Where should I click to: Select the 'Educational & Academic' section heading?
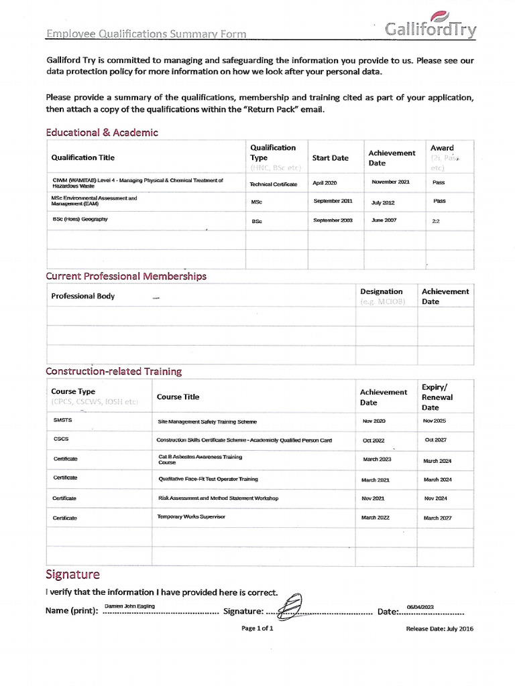[x=102, y=133]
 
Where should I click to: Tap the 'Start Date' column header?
[x=331, y=158]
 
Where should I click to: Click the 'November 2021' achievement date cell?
[x=390, y=182]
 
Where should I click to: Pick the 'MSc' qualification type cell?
[x=257, y=202]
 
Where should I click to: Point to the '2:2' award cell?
[x=436, y=220]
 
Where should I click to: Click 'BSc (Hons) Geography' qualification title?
[x=80, y=220]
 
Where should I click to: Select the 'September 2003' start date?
[x=333, y=220]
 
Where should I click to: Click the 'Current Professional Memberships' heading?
[x=126, y=276]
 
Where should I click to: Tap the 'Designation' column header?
[x=382, y=291]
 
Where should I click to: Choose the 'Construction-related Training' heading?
[x=113, y=371]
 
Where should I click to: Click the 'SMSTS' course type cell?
[x=62, y=421]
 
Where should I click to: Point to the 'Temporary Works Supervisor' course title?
[x=191, y=517]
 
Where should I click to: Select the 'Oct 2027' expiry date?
[x=436, y=440]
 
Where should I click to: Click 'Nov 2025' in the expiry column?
[x=435, y=421]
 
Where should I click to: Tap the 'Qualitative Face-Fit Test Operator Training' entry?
[x=208, y=480]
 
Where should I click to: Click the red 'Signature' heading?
[x=72, y=574]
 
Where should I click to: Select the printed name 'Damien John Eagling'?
[x=130, y=606]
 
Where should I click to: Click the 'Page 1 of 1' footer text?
[x=257, y=628]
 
